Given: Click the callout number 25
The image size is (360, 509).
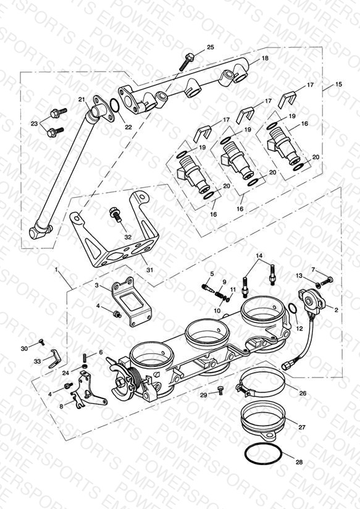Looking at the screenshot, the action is [x=211, y=47].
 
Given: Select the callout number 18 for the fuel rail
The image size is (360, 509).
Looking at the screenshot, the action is [x=265, y=58].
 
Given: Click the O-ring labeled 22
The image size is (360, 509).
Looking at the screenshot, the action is [x=115, y=106].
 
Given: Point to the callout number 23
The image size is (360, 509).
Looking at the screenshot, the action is [x=35, y=124].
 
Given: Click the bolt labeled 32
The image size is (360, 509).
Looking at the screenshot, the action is [x=115, y=214].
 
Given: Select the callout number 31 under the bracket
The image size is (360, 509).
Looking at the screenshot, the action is [x=149, y=270].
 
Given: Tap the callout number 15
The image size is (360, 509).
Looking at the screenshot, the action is [x=338, y=84].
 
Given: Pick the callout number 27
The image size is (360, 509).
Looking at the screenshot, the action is [x=302, y=427].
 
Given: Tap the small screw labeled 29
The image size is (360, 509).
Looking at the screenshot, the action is [x=221, y=390].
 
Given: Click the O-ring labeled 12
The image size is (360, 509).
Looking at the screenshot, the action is [x=292, y=309].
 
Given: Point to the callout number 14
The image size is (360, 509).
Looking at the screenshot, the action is [x=259, y=256].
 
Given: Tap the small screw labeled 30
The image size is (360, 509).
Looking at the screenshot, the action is [x=41, y=342].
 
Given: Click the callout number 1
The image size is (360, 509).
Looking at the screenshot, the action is [x=57, y=270].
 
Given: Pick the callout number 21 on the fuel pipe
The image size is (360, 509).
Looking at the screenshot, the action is [x=82, y=99].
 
